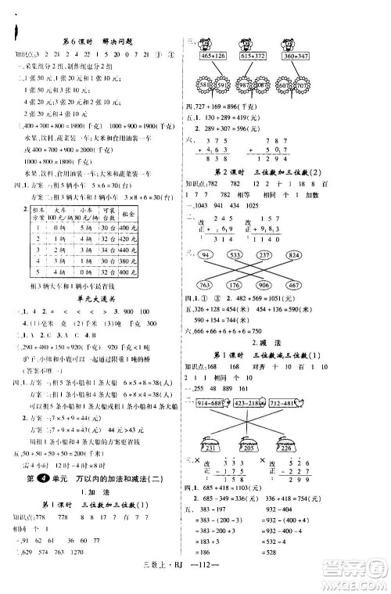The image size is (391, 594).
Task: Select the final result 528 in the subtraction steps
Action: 338,556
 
